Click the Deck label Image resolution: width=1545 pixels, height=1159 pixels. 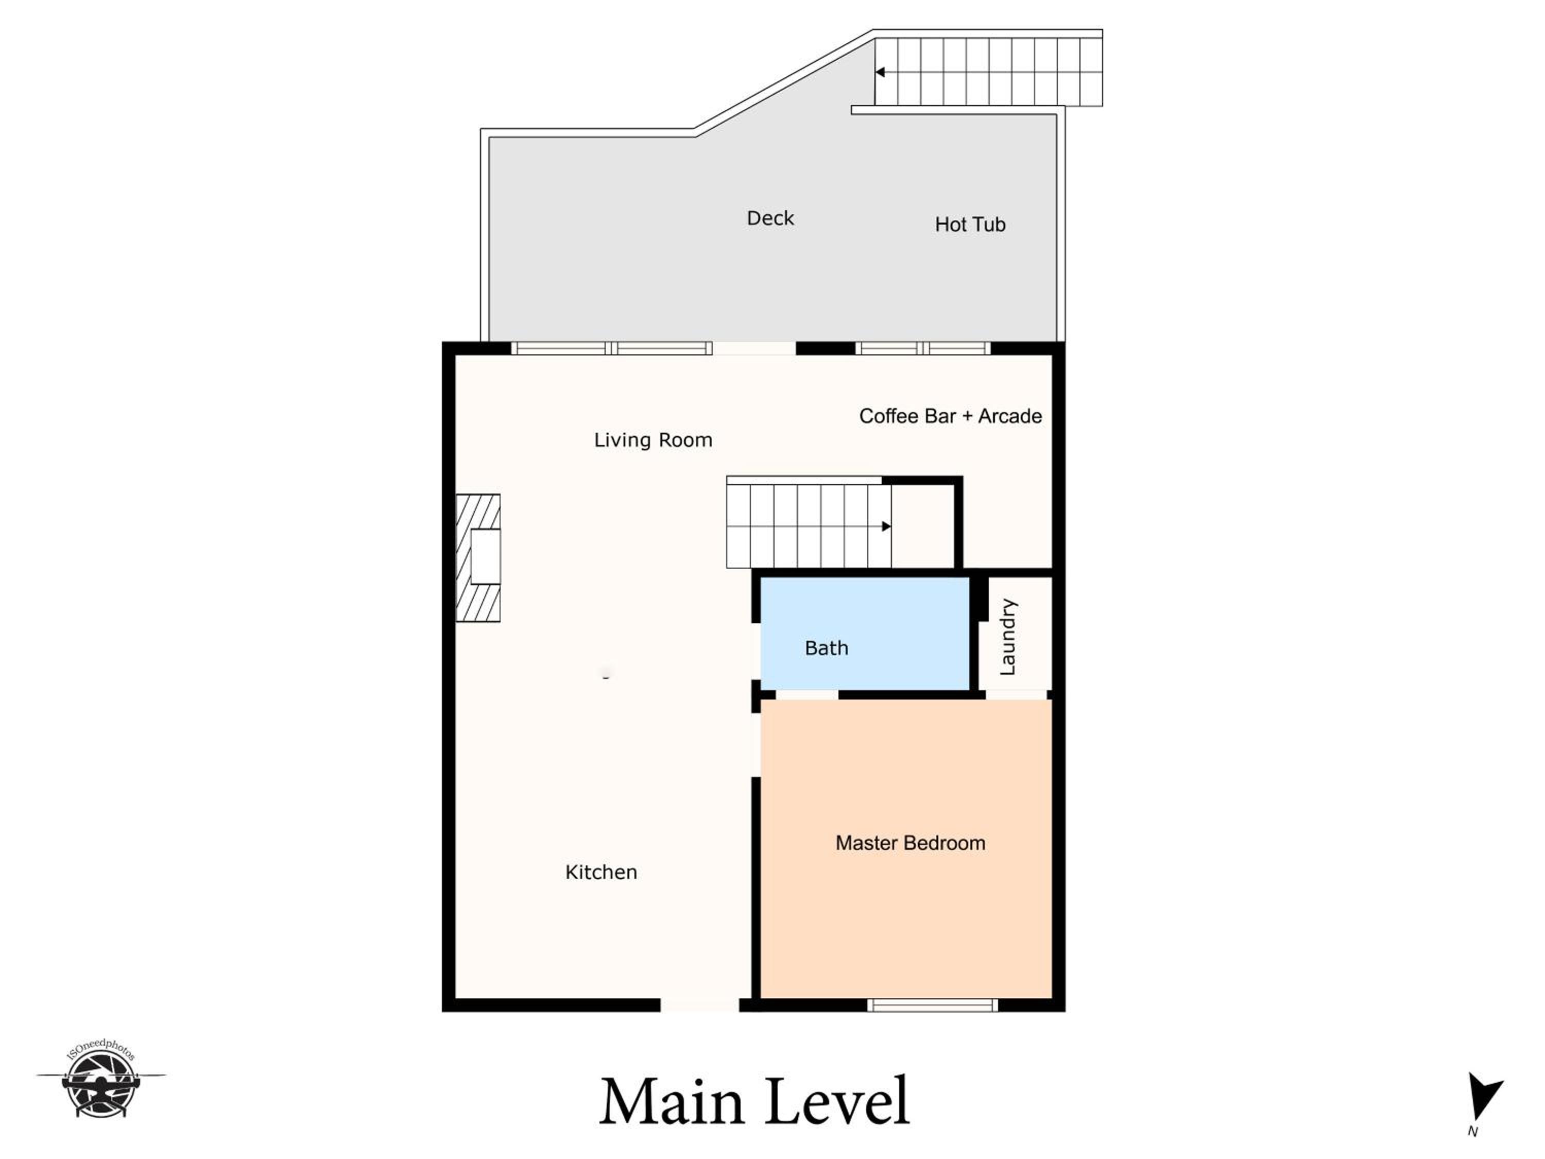pos(770,219)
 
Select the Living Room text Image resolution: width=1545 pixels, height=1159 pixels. pos(653,440)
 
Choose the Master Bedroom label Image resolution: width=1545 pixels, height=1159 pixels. pos(910,843)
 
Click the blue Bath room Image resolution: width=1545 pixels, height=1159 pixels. pos(865,634)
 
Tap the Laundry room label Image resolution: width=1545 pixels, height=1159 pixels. pos(1008,637)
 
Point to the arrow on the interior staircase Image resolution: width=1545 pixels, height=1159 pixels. pos(886,526)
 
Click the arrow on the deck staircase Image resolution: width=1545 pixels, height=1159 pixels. pos(880,72)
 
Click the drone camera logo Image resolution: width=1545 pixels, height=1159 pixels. pos(101,1079)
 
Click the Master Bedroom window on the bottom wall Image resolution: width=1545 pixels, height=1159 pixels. pos(933,1005)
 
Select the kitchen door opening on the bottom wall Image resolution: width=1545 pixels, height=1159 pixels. pos(699,1005)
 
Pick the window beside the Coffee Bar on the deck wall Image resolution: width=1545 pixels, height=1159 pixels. pos(923,348)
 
